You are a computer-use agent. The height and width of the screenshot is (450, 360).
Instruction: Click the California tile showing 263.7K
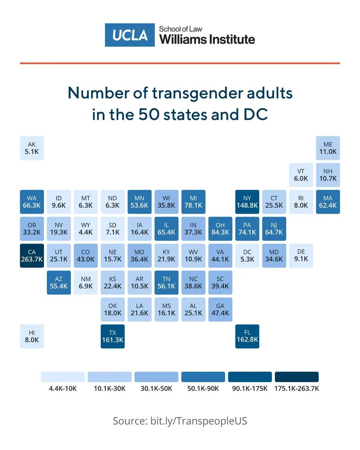32,256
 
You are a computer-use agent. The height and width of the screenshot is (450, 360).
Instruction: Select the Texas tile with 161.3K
113,336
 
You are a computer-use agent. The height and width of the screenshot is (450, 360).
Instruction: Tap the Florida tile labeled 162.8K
247,336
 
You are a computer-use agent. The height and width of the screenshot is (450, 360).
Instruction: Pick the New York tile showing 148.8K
247,202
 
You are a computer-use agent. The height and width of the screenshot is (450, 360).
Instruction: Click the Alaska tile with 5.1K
32,148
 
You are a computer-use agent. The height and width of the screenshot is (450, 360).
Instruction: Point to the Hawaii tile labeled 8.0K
32,336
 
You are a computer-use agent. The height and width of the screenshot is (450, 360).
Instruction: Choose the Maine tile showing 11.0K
328,148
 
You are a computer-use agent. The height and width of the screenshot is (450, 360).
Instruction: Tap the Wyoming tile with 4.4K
86,229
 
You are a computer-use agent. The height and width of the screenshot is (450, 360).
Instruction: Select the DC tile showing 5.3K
247,256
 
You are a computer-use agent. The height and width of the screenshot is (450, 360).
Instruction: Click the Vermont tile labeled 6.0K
301,175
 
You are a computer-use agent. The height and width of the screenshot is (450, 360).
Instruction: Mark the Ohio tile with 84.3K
220,229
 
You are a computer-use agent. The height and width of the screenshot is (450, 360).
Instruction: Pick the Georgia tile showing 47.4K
220,309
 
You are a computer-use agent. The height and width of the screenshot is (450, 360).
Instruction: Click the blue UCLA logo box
130,35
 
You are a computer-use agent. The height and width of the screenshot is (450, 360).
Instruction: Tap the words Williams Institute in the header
207,40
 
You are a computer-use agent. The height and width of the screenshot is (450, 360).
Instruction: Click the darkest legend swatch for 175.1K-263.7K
297,377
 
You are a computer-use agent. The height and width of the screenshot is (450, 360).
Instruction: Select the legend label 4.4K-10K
63,389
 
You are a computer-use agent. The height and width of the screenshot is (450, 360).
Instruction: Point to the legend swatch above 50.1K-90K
203,377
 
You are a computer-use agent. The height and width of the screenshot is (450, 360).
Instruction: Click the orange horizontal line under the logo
180,63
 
